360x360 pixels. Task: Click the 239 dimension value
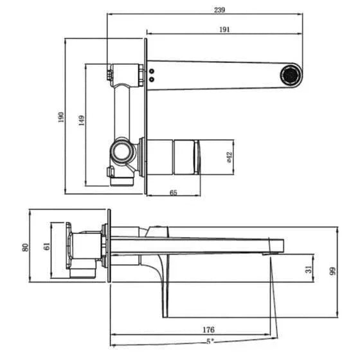[x=219, y=10]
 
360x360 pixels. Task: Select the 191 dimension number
[x=224, y=30]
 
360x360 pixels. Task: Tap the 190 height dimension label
[x=61, y=117]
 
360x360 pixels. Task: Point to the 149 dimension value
[x=81, y=121]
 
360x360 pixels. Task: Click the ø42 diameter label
[x=230, y=157]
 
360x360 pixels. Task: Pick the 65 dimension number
[x=174, y=192]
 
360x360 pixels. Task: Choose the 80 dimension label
[x=26, y=248]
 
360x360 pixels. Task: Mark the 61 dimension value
[x=47, y=246]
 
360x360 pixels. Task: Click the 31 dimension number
[x=309, y=269]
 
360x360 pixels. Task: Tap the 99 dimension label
[x=332, y=271]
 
